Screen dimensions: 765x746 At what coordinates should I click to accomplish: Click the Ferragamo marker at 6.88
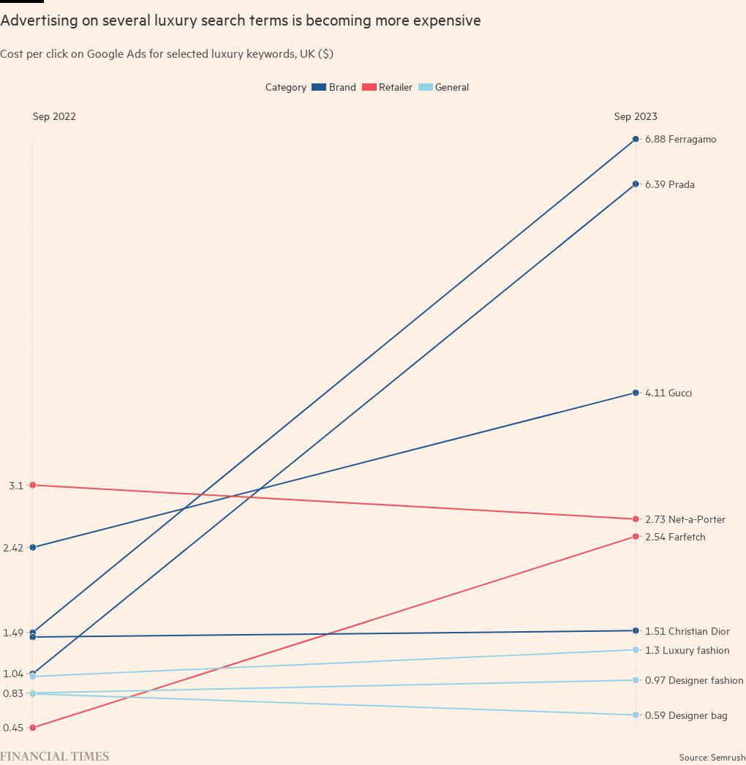click(636, 139)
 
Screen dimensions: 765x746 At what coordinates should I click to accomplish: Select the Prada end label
click(670, 185)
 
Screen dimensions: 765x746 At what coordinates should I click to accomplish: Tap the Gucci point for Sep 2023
click(636, 393)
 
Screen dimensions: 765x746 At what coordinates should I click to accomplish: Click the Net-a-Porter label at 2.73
click(685, 519)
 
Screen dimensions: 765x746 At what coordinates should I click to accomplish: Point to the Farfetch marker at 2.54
click(636, 537)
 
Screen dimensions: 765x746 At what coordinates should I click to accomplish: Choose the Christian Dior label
click(687, 631)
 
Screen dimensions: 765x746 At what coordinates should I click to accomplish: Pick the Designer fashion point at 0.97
click(636, 680)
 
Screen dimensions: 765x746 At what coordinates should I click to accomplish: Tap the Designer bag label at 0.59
click(686, 715)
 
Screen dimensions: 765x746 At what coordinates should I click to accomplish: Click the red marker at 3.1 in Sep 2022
click(32, 485)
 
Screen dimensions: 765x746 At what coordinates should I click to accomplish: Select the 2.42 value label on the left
click(14, 548)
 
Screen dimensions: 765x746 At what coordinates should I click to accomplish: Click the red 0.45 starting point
click(32, 727)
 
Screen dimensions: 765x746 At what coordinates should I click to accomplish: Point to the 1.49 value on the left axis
click(14, 633)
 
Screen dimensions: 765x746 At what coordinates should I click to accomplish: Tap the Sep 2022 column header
click(54, 116)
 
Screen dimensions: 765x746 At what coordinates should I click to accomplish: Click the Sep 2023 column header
click(636, 116)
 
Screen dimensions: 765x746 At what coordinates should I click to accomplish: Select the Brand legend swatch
click(319, 87)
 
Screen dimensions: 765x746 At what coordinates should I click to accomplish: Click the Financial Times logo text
click(55, 756)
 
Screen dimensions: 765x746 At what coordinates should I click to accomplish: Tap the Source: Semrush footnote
click(712, 758)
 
